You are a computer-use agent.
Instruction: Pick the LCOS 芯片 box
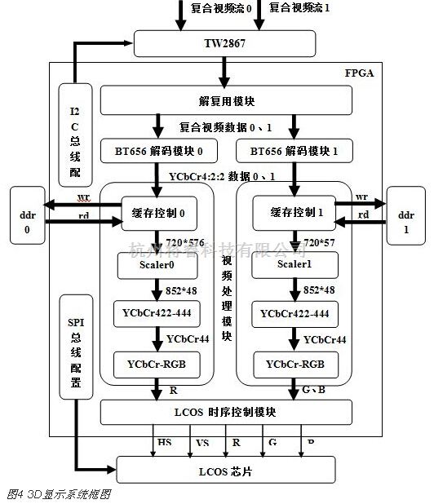click(226, 471)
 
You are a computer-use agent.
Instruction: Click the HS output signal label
click(164, 442)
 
